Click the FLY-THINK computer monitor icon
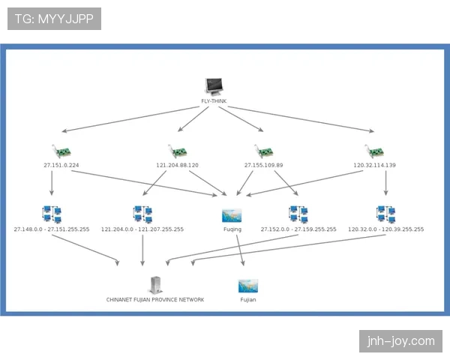214,87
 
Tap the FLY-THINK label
214,101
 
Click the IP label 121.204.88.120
177,165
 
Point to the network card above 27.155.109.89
262,151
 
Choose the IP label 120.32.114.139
374,165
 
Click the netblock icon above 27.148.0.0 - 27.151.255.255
52,214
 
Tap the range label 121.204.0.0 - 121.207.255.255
142,229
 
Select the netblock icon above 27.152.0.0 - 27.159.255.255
298,214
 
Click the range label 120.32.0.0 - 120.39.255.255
385,229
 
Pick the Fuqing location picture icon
232,215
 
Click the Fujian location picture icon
248,286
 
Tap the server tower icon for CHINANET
155,285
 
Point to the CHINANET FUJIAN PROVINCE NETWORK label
155,299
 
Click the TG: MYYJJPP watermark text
53,19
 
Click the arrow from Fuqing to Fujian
239,251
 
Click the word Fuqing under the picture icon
232,229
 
